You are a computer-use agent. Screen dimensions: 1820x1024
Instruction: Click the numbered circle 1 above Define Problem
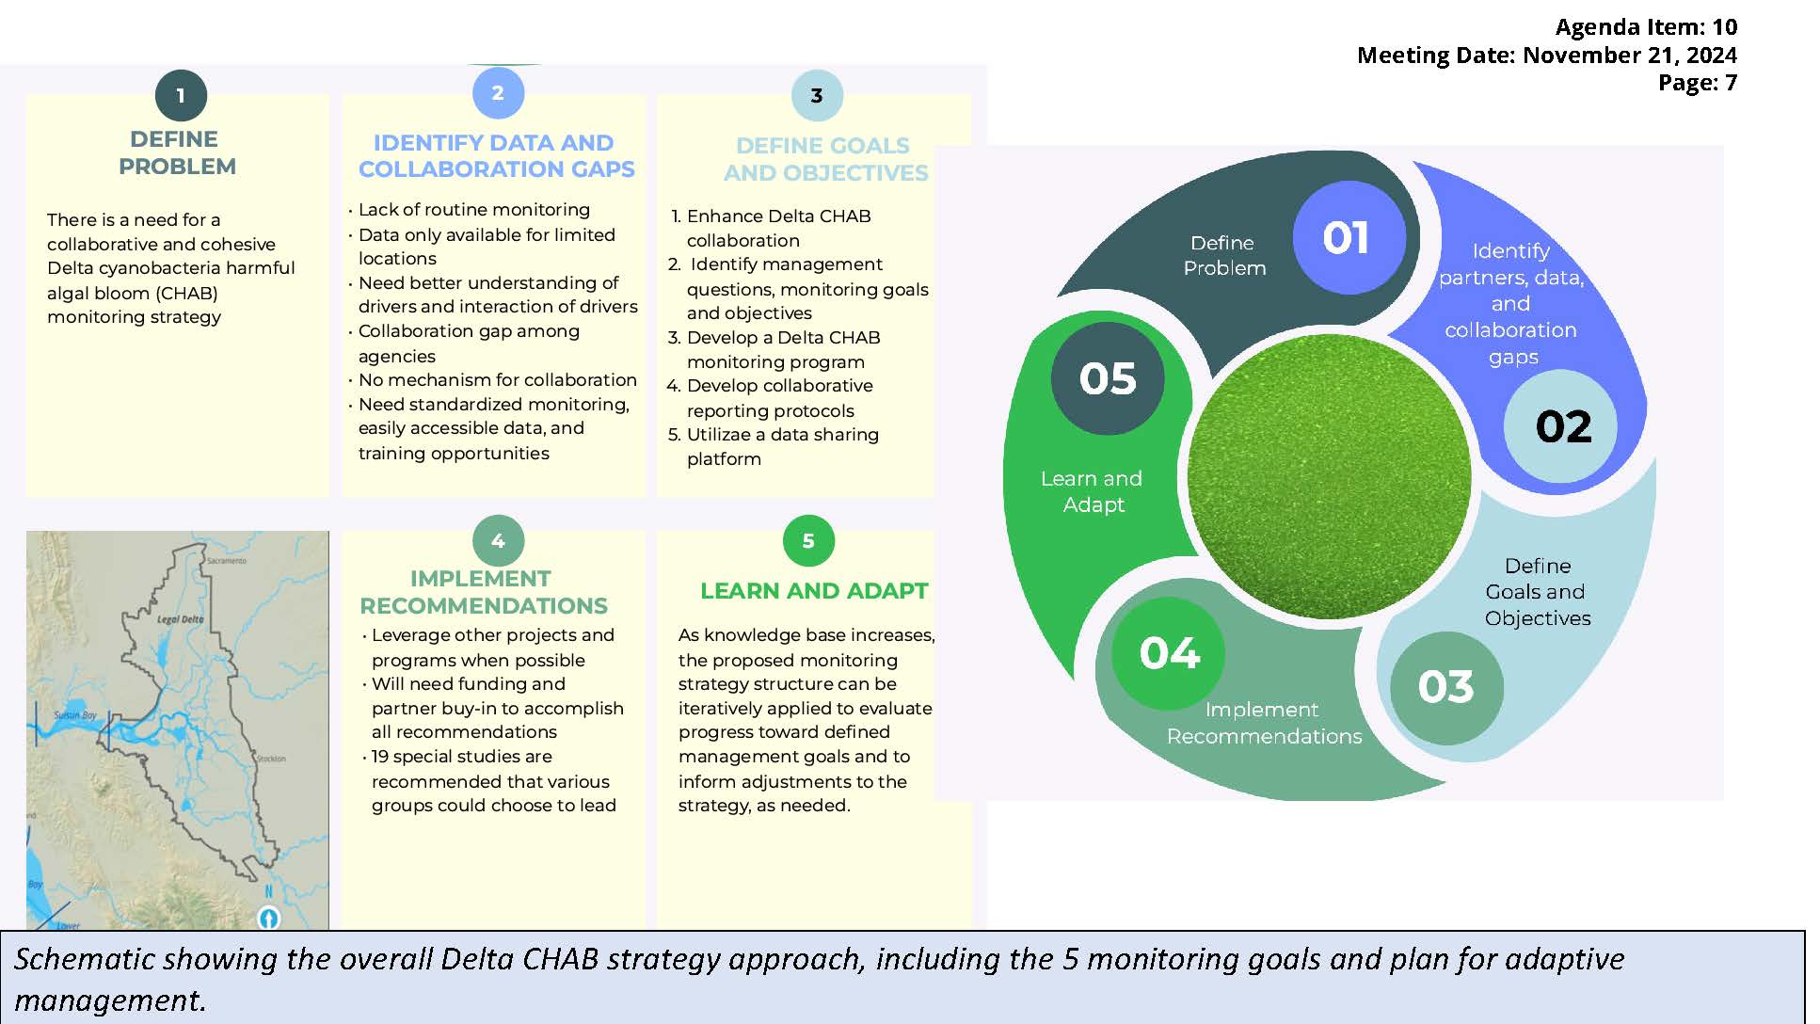tap(181, 95)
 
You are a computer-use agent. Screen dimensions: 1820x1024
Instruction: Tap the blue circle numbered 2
tap(498, 92)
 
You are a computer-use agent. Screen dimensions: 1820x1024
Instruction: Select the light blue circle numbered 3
tap(817, 95)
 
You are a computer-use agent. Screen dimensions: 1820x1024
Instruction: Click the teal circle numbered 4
tap(498, 541)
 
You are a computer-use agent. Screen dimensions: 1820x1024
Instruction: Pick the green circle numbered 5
tap(808, 540)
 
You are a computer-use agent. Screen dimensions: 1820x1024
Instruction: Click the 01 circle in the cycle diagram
tap(1349, 237)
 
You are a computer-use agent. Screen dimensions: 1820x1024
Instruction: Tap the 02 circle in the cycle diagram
tap(1561, 426)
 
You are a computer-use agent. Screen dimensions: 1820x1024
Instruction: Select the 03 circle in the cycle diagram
tap(1446, 687)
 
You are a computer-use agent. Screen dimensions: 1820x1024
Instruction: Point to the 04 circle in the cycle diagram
tap(1169, 653)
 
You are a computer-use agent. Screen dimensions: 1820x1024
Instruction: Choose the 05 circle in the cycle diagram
tap(1108, 378)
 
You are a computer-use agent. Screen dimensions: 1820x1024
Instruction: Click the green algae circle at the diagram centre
tap(1329, 476)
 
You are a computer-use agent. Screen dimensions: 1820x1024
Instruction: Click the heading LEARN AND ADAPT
tap(814, 591)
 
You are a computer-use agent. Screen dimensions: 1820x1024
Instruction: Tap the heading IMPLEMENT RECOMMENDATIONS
tap(483, 592)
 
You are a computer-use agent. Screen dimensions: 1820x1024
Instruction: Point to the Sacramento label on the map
tap(226, 561)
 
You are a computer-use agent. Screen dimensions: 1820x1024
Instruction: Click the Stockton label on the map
tap(271, 759)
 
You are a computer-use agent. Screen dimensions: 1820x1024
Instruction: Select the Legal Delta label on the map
tap(180, 619)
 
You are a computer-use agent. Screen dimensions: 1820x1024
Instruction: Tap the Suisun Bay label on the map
tap(75, 715)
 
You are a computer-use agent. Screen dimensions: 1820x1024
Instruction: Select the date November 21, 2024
tap(1630, 55)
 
